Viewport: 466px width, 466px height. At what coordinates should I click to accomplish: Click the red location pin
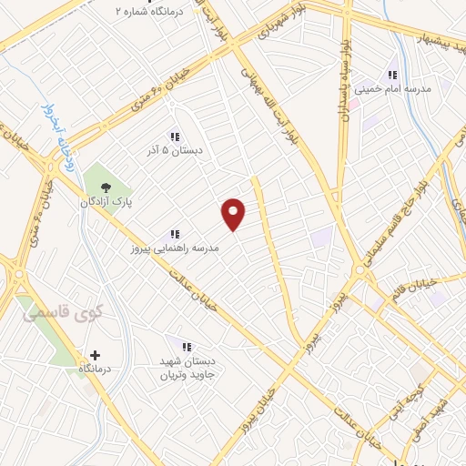pyautogui.click(x=234, y=214)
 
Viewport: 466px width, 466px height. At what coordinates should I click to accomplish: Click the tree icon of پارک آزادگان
pyautogui.click(x=107, y=189)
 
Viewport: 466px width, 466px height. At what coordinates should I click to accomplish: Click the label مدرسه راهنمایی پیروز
pyautogui.click(x=171, y=247)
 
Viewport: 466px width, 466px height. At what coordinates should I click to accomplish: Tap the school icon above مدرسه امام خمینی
pyautogui.click(x=392, y=75)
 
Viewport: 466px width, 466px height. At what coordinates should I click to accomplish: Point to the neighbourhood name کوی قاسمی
pyautogui.click(x=49, y=314)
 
